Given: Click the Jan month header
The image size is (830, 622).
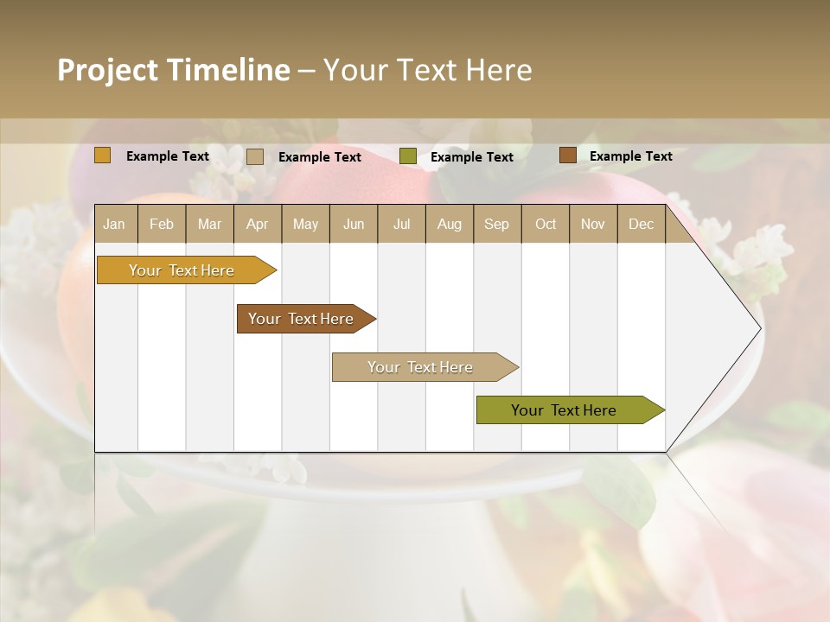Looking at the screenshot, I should (114, 224).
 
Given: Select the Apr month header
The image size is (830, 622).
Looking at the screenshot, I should (257, 224).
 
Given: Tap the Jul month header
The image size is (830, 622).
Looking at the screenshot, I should (401, 224).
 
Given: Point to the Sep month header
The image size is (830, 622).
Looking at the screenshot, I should (496, 224).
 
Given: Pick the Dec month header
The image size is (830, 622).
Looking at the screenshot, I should (641, 224).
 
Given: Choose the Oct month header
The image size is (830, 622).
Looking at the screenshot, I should (546, 224).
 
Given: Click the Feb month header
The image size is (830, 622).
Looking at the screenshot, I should (162, 224).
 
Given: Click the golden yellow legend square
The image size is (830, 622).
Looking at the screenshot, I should (103, 155).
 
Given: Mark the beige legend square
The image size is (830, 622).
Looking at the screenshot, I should (255, 156).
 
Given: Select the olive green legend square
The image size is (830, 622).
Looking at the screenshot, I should (408, 156).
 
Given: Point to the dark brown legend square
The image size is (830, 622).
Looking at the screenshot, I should (567, 155).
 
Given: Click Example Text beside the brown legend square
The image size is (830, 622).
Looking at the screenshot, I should (630, 156).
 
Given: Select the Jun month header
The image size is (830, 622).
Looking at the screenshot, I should (354, 224).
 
